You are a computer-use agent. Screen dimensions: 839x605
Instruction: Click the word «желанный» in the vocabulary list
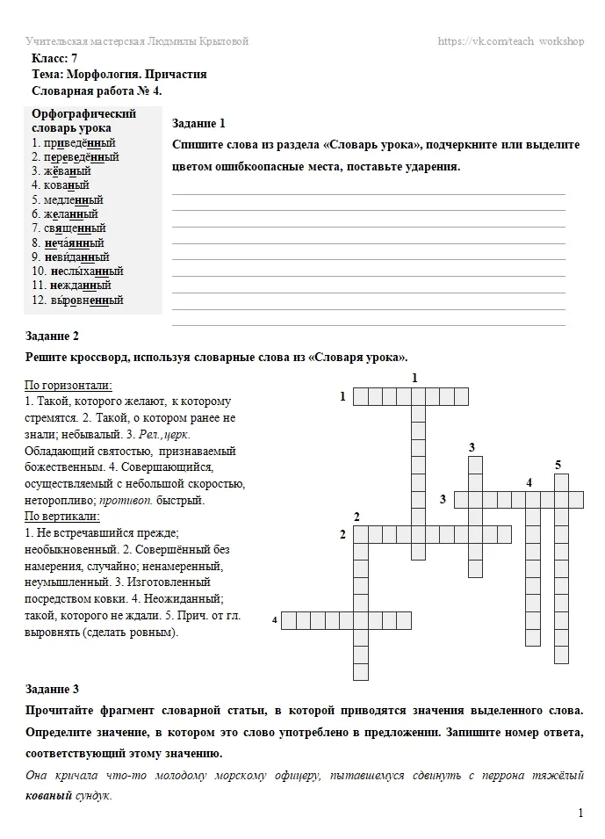coord(71,213)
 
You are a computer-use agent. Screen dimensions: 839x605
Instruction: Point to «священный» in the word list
coord(74,228)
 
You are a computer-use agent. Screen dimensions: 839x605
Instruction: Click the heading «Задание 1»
coord(199,123)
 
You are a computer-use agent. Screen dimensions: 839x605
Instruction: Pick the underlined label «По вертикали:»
coord(61,516)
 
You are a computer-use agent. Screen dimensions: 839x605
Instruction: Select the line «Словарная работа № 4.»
coord(97,90)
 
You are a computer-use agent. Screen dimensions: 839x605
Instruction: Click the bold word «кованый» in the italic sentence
coord(48,795)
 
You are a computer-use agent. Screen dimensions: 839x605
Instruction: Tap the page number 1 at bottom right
coord(580,814)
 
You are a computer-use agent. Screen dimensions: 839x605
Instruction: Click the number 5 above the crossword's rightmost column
coord(558,464)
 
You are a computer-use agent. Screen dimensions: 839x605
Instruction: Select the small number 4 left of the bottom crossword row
coord(275,620)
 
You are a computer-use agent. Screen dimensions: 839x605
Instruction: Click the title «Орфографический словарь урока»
coord(83,120)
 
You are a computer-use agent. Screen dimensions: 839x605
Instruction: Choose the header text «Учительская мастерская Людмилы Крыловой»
coord(137,41)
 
